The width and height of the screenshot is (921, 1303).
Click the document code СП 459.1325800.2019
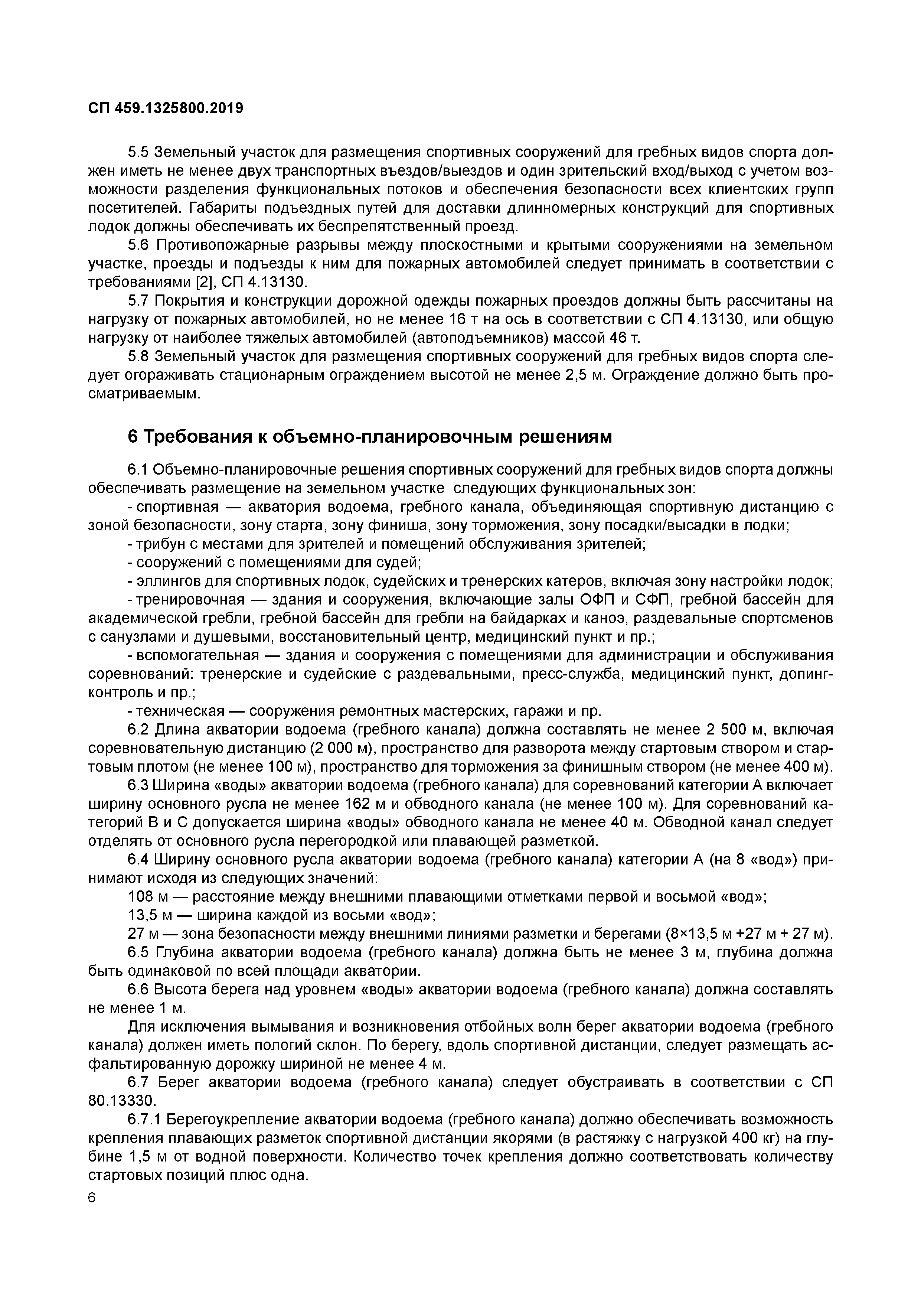click(166, 108)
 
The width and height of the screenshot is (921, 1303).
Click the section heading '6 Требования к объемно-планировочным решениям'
click(370, 436)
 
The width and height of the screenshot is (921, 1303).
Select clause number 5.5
click(138, 153)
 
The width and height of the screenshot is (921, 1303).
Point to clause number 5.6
click(138, 245)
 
